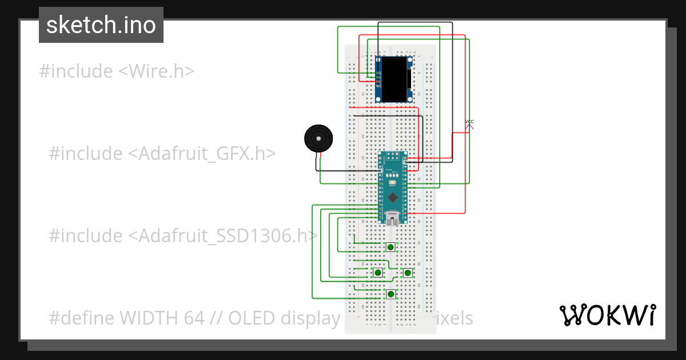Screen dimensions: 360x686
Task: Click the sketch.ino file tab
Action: tap(101, 25)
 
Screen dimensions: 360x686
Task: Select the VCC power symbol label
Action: tap(469, 122)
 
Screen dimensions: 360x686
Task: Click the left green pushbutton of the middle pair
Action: tap(378, 273)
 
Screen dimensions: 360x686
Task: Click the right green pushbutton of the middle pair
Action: tap(408, 273)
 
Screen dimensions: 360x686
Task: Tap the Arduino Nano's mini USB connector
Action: tap(392, 218)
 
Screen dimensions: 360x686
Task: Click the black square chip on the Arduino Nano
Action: tap(393, 198)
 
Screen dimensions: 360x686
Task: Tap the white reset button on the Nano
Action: tap(393, 183)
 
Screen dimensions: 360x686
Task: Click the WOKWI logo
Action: tap(607, 315)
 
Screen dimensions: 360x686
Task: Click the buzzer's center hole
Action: tap(318, 139)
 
